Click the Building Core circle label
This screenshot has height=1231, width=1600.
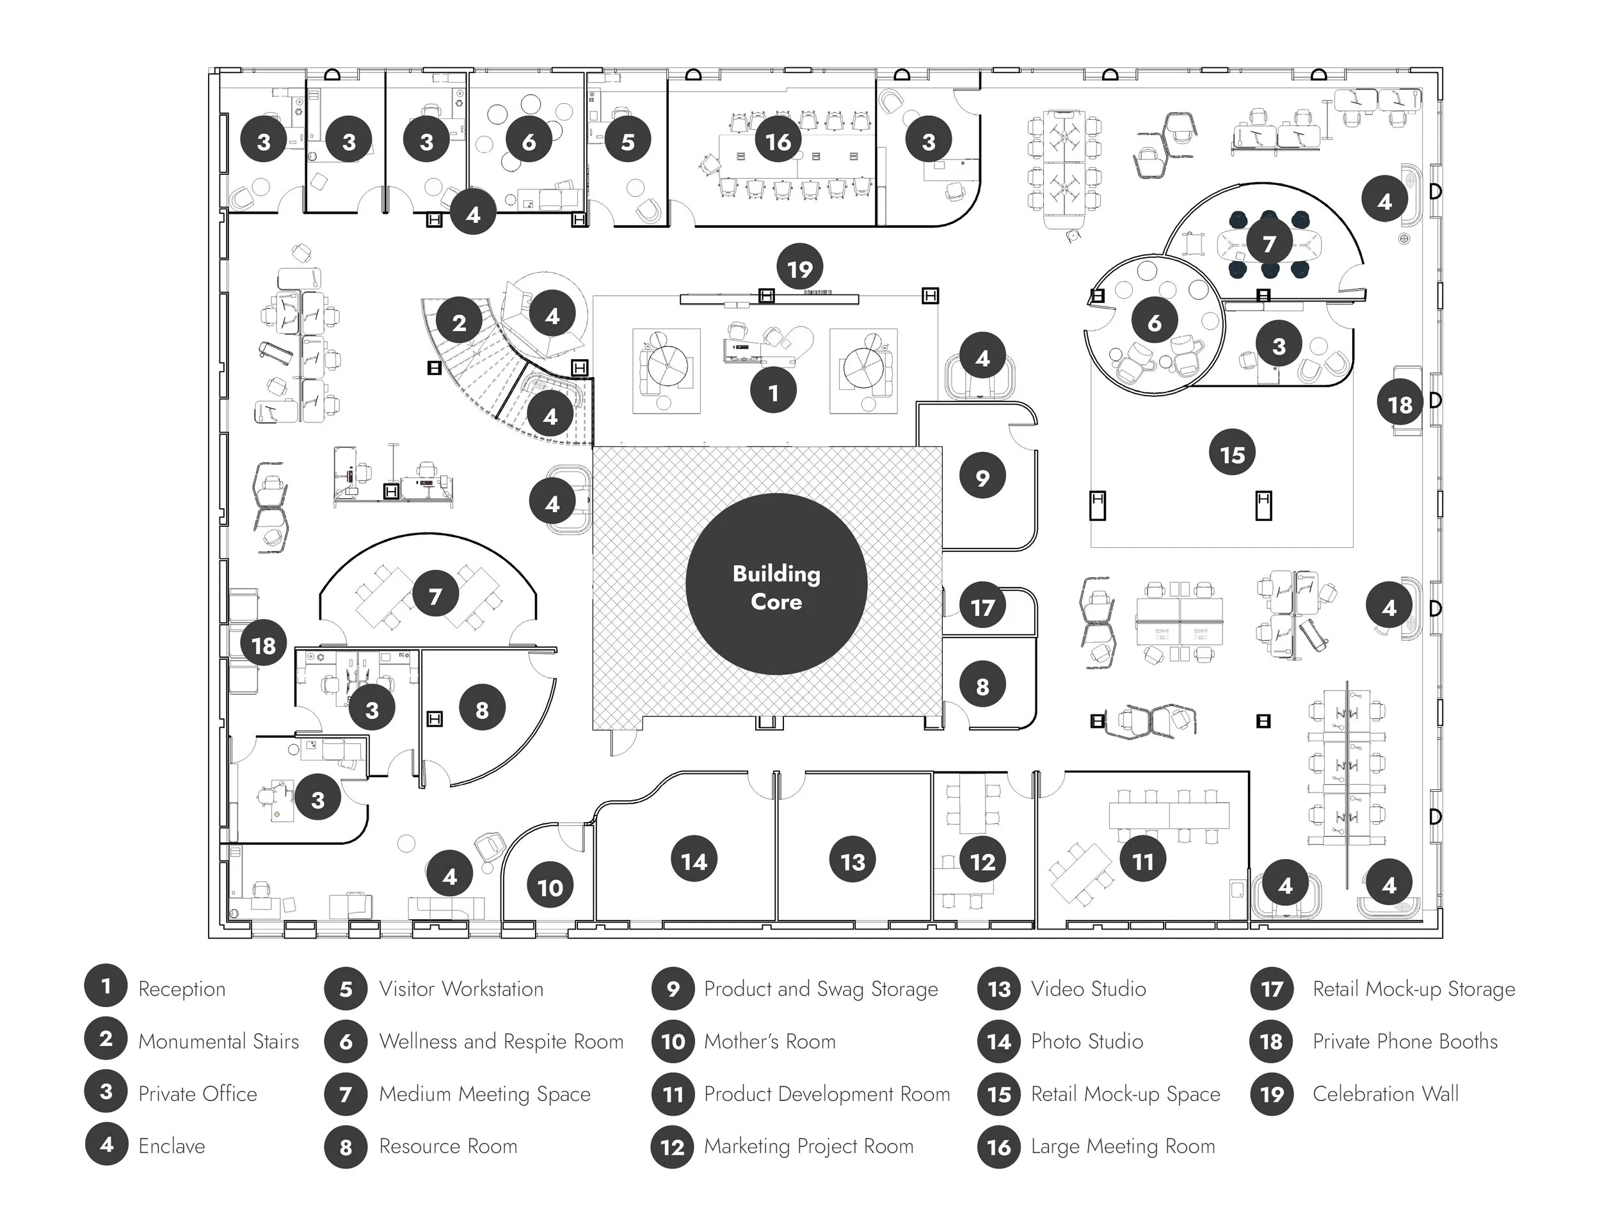pos(776,584)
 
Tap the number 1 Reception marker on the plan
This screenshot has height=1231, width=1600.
pos(773,393)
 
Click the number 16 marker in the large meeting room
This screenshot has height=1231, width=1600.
pos(778,141)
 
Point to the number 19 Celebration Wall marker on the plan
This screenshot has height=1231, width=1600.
pos(799,268)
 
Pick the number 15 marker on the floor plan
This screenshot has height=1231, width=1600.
pos(1232,454)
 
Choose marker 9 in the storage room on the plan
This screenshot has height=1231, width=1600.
pos(982,477)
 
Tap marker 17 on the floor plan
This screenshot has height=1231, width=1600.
pos(982,606)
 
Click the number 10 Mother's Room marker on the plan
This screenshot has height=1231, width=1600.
pos(550,887)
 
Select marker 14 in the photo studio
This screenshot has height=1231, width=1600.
pos(694,861)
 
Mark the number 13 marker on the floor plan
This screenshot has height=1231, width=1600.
pos(852,861)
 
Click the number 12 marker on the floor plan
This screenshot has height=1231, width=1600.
pos(982,861)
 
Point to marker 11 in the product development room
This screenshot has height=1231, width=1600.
pos(1143,861)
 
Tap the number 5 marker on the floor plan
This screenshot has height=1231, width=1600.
pos(628,141)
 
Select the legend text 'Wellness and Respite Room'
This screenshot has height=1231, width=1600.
pos(501,1042)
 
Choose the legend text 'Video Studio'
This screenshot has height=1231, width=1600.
pos(1089,988)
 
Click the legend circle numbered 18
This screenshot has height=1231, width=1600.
pos(1272,1042)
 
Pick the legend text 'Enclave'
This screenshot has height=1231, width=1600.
pos(172,1146)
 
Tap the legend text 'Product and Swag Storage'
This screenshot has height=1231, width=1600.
pos(820,988)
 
